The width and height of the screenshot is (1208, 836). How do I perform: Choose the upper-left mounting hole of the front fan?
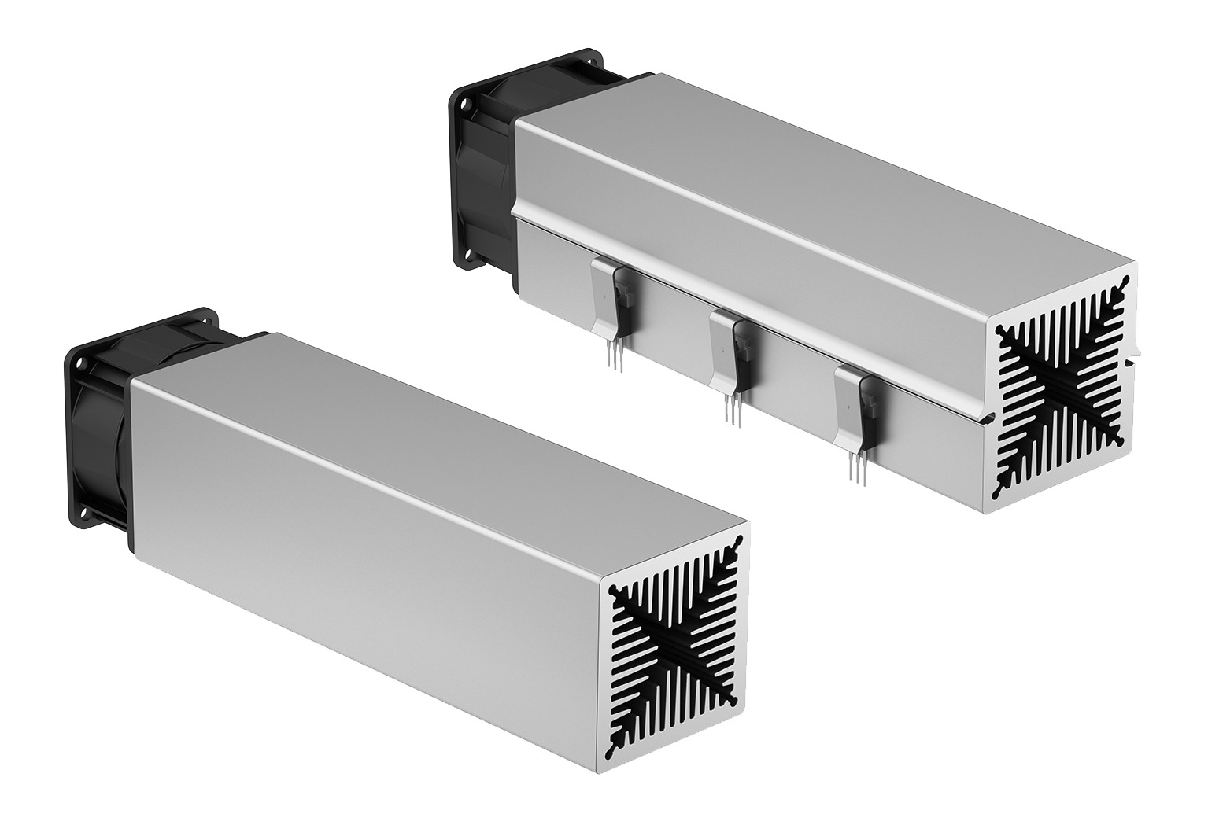coord(79,364)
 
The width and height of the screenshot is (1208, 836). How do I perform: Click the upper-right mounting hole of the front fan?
coord(209,318)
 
